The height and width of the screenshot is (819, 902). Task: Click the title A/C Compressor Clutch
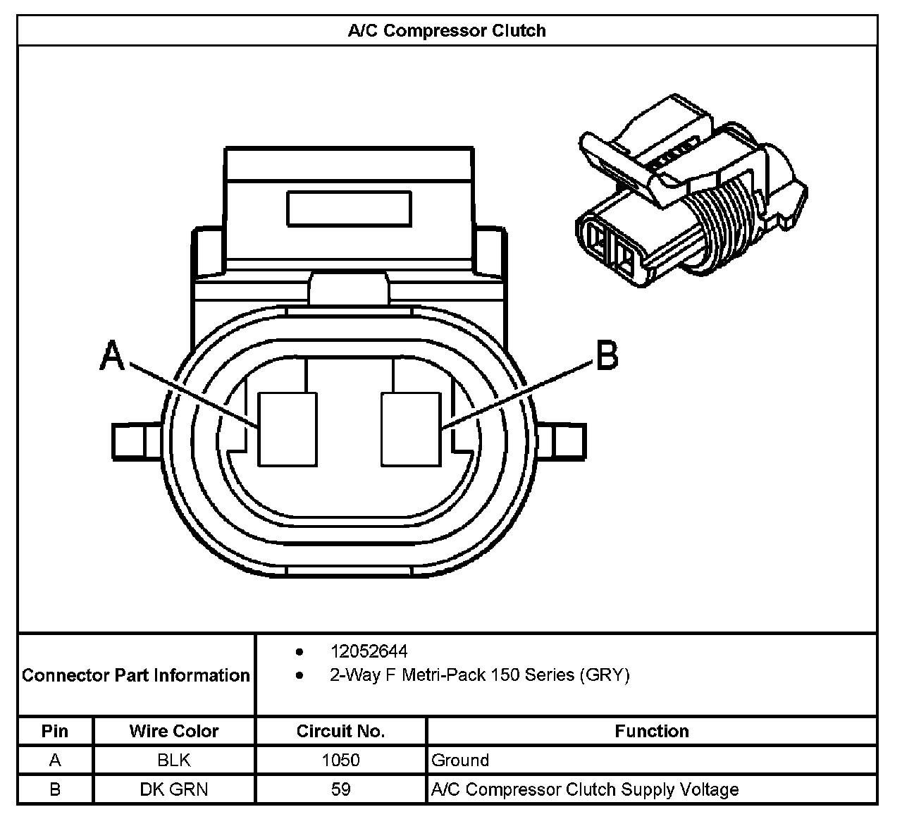[x=447, y=31]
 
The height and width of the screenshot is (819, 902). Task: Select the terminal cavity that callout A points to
[x=288, y=429]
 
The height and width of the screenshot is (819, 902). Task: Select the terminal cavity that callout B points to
[x=410, y=429]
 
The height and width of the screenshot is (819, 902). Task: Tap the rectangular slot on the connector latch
[x=349, y=209]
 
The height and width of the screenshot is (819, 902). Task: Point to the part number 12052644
[x=369, y=651]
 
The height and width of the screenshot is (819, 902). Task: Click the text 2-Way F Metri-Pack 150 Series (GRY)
[x=479, y=675]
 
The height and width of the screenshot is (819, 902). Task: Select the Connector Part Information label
[x=136, y=675]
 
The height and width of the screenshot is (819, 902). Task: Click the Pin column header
[x=55, y=731]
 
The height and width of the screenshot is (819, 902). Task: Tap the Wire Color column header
[x=174, y=731]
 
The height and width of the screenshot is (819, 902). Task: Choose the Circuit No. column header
[x=340, y=731]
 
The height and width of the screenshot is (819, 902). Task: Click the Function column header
[x=652, y=731]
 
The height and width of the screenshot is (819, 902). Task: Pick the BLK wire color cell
[x=174, y=760]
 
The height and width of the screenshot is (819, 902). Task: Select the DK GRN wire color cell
[x=174, y=789]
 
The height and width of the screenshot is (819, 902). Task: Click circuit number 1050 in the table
[x=340, y=760]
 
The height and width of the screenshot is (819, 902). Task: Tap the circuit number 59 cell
[x=340, y=789]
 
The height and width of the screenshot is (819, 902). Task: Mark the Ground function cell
[x=460, y=760]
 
